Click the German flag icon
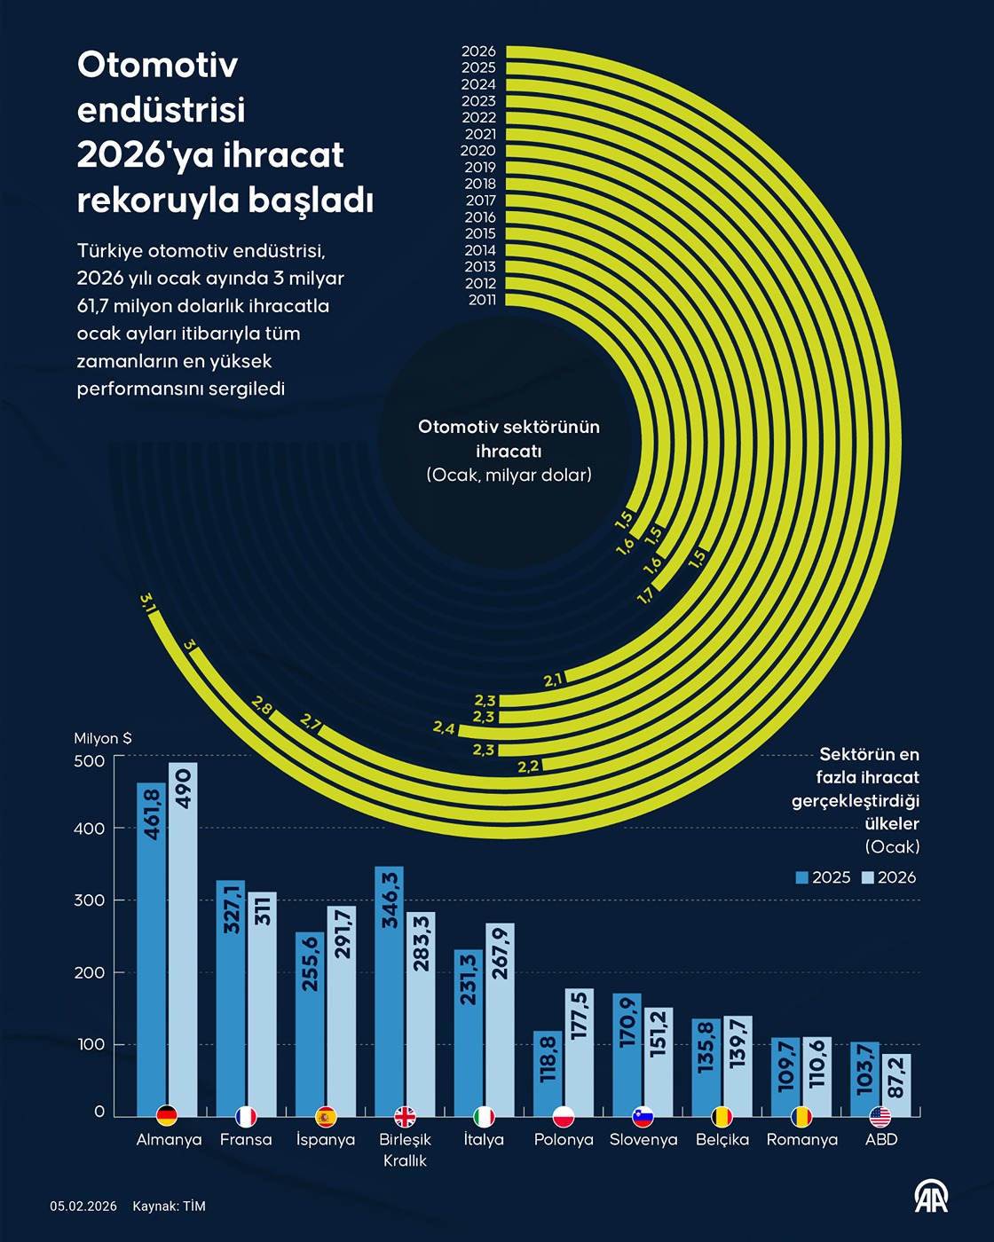pos(166,1116)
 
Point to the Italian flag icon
pos(484,1116)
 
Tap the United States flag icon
pos(880,1116)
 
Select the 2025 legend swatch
pos(802,877)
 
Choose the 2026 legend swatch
pos(868,877)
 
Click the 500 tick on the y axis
pos(90,761)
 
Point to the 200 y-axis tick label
pos(90,972)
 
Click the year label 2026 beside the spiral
pos(478,51)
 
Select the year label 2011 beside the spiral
pos(482,300)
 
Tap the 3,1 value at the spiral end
pos(148,602)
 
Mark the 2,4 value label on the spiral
pos(444,728)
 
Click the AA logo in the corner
pos(931,1197)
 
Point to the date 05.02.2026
pos(83,1207)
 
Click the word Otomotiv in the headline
pos(157,65)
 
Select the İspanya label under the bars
pos(326,1140)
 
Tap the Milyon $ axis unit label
pos(103,738)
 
